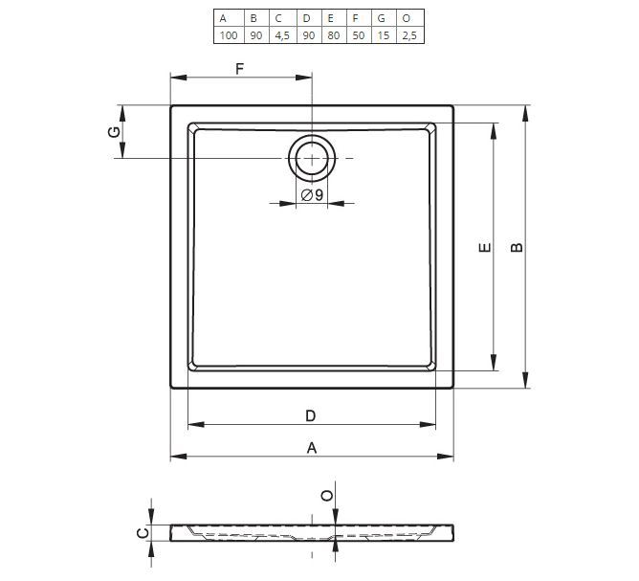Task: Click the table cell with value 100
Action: (229, 35)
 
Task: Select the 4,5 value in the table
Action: (282, 35)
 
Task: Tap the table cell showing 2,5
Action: (409, 35)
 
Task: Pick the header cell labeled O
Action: (407, 18)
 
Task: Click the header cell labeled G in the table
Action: (382, 18)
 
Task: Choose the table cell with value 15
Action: (383, 35)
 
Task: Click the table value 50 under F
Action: (359, 35)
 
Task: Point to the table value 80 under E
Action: (333, 35)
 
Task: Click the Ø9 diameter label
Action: (312, 195)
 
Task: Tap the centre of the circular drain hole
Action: (312, 158)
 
